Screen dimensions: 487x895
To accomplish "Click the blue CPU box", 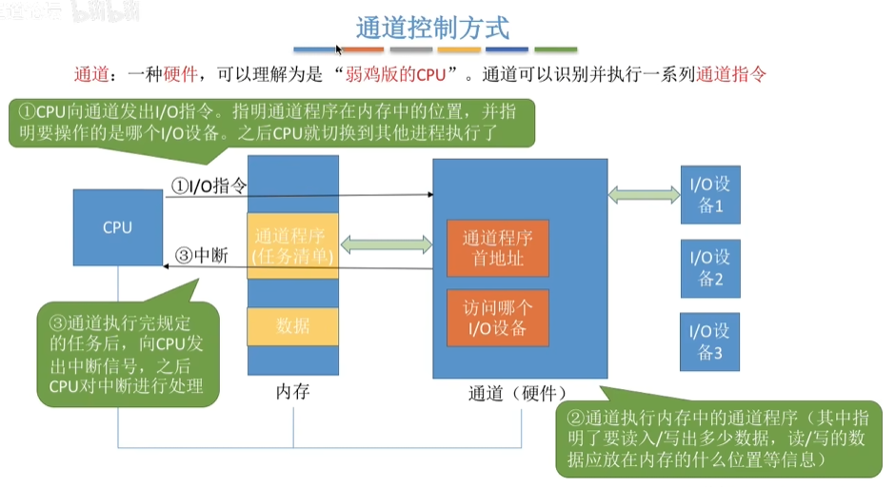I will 117,227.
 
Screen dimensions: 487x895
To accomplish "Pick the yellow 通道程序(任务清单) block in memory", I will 292,246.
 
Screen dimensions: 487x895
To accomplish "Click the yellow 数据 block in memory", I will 292,326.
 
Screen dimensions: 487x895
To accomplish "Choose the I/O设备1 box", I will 710,194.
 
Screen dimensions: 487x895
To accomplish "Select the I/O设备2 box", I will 710,267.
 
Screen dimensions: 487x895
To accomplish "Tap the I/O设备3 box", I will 710,341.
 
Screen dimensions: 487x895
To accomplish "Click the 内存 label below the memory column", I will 292,391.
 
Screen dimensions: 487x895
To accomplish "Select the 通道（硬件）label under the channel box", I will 518,392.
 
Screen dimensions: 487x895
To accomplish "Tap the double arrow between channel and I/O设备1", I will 645,194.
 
